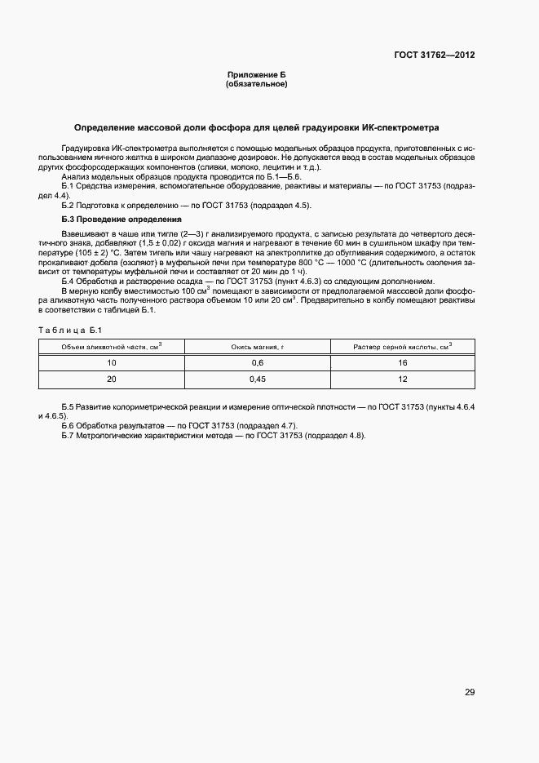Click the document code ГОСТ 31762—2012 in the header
tap(435, 55)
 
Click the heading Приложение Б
tap(256, 74)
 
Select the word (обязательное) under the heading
tap(256, 83)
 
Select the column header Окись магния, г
tap(257, 347)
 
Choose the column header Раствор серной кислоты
tap(402, 347)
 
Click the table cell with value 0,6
tap(257, 362)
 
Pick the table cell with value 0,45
tap(257, 379)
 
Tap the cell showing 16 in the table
tap(402, 362)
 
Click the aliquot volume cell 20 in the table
tap(112, 379)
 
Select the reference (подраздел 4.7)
tap(270, 426)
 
